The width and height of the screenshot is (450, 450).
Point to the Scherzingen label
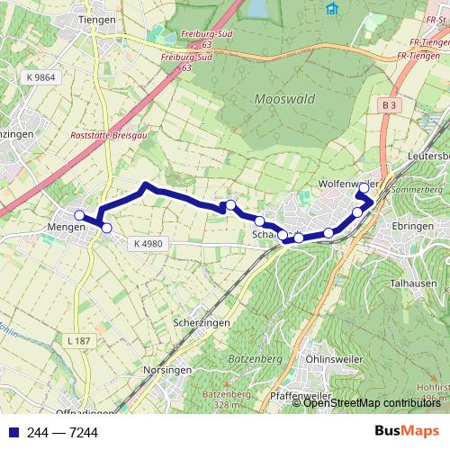pyautogui.click(x=201, y=322)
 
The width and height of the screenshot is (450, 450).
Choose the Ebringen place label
pyautogui.click(x=414, y=227)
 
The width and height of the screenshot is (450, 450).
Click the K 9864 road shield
pyautogui.click(x=41, y=78)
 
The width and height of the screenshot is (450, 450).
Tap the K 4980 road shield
pyautogui.click(x=147, y=243)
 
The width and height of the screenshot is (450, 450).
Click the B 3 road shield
pyautogui.click(x=389, y=105)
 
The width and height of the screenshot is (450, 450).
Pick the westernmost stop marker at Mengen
pyautogui.click(x=79, y=215)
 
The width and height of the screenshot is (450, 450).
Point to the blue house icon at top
pyautogui.click(x=332, y=9)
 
